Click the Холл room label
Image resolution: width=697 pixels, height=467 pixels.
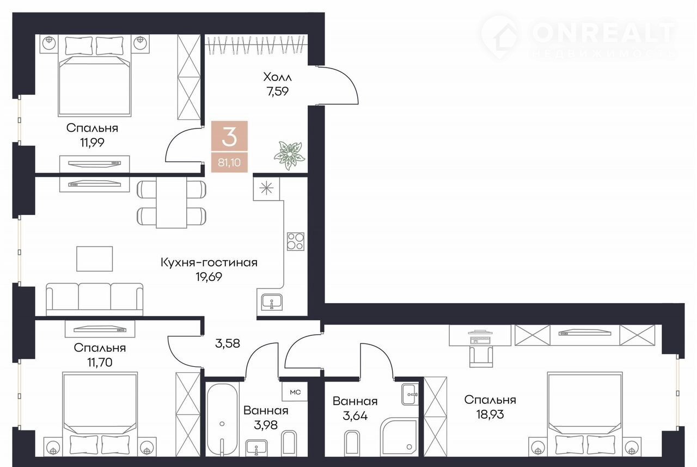pos(277,77)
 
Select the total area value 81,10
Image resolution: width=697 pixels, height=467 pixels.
pos(229,162)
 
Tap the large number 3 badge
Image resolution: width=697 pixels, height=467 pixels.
pos(229,137)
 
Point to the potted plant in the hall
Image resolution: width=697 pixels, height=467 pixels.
pos(289,155)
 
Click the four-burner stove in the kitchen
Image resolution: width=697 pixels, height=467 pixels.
pos(296,241)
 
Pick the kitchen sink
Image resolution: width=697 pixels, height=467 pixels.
pos(272,302)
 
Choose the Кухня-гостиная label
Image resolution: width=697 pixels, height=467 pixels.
pos(209,263)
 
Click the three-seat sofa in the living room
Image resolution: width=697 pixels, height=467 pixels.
pos(95,299)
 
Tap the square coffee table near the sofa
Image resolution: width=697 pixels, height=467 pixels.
pos(95,259)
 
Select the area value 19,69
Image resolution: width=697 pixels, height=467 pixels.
pos(209,276)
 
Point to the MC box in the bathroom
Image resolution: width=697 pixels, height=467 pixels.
pos(295,392)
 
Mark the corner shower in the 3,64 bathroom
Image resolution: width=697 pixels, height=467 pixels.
pos(400,438)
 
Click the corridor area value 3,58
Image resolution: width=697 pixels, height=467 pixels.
pos(228,343)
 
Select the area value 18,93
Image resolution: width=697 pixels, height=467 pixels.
pos(490,414)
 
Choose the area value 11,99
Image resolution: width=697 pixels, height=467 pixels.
pos(92,143)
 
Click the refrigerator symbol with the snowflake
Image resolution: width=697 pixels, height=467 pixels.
pos(266,188)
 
